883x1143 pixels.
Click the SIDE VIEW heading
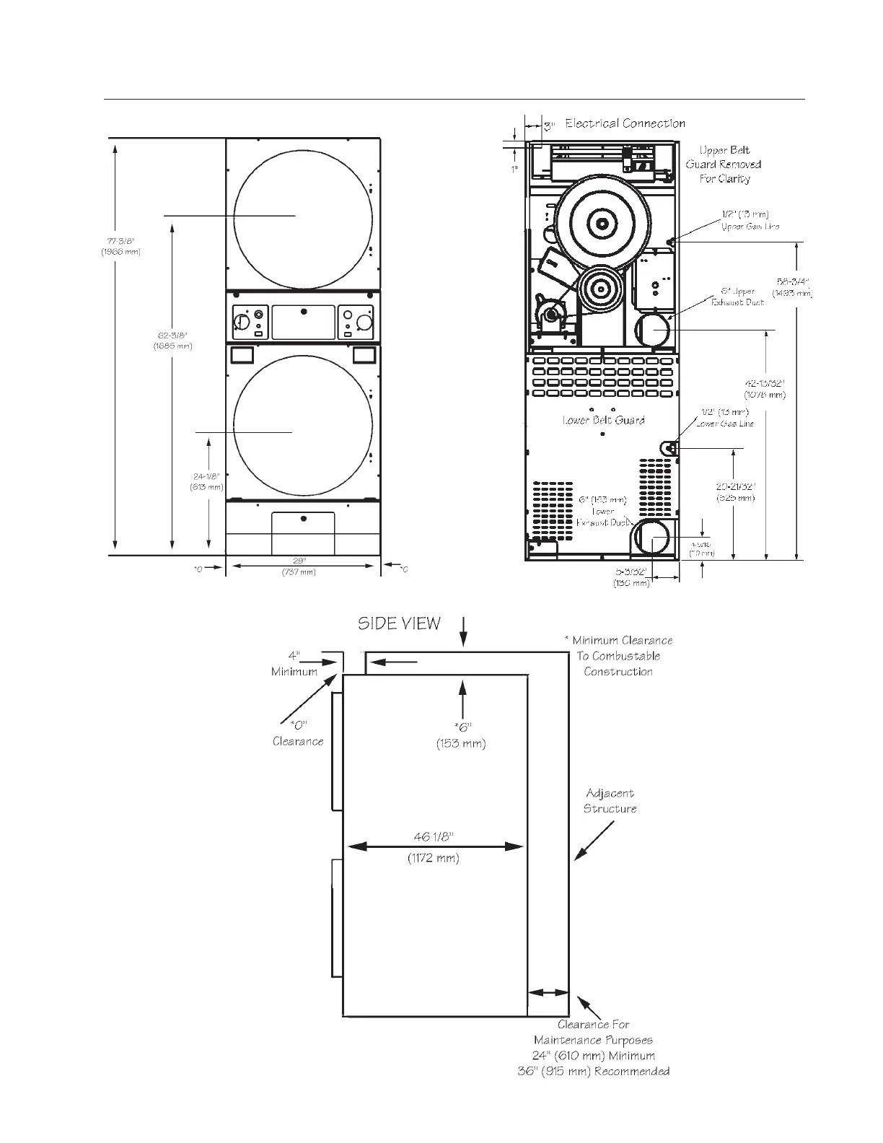tap(399, 623)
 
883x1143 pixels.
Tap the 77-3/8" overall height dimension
tap(120, 246)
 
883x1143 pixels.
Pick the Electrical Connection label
tap(625, 123)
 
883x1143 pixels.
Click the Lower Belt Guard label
tap(603, 420)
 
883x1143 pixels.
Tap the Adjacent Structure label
tap(610, 801)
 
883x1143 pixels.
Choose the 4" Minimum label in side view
tap(294, 664)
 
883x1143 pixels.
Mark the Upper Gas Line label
tap(750, 220)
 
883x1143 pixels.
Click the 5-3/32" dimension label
tap(632, 577)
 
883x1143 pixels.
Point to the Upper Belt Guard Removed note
tap(724, 165)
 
